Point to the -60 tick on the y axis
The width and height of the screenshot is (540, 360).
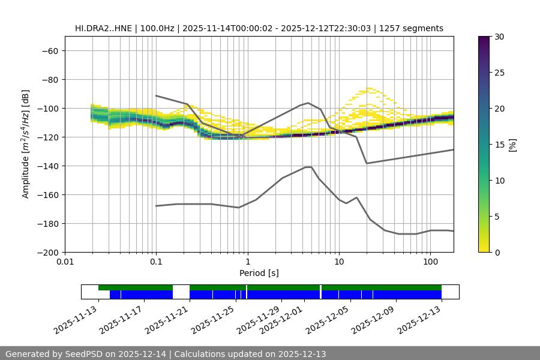pos(49,50)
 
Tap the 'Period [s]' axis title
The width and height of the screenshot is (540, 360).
pos(259,273)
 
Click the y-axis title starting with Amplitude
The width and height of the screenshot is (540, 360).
pos(26,144)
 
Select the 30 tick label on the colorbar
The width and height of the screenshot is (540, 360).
pos(499,37)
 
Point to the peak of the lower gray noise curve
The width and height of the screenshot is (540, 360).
pos(308,167)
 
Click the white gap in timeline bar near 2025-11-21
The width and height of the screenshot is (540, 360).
pos(181,292)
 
